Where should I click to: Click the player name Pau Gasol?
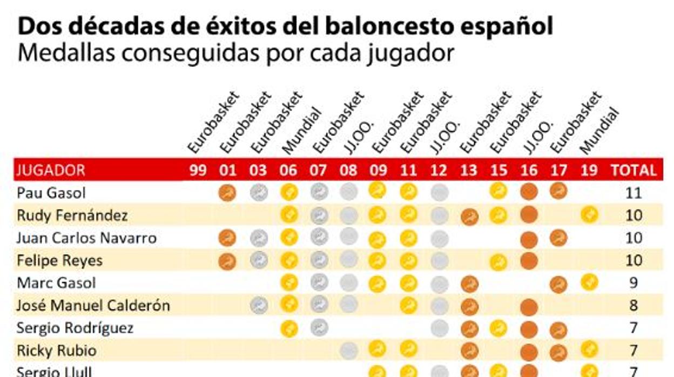51,193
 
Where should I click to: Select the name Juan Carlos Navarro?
86,238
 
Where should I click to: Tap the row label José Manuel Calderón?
93,306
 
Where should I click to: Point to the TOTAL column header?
633,171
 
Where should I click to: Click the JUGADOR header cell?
51,171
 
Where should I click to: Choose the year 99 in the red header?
198,171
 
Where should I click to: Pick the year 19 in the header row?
589,171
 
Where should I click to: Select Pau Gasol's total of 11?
633,193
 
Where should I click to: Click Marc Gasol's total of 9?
633,283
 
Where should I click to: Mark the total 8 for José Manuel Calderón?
633,306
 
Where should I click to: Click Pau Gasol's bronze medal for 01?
228,193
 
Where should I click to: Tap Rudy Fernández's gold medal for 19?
589,215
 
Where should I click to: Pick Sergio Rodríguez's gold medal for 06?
289,328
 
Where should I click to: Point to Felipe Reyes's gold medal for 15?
498,262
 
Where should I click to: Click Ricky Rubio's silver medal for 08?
349,351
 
